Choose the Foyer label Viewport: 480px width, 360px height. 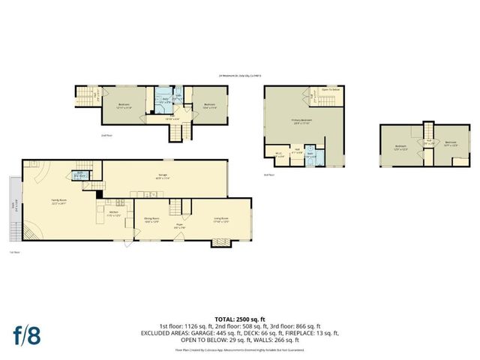pos(180,225)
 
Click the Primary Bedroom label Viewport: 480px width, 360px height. pos(301,121)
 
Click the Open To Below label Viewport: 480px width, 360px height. pos(331,88)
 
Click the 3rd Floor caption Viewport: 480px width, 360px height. pos(270,174)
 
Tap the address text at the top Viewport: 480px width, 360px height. pos(244,76)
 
